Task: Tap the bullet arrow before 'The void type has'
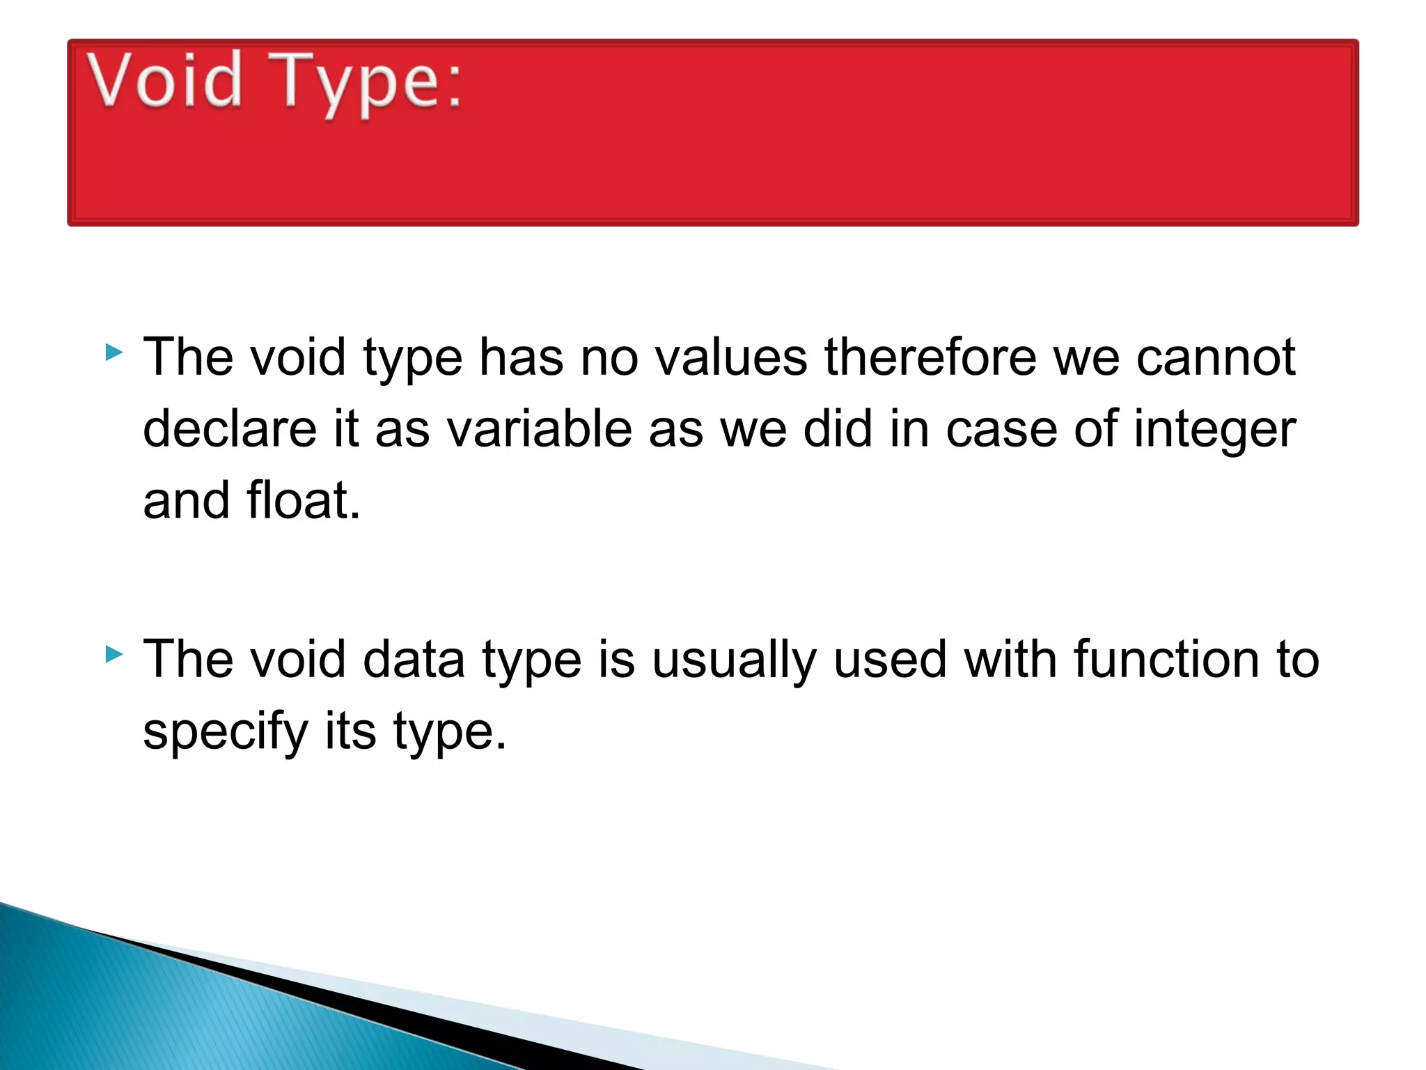114,352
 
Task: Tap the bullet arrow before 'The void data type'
114,654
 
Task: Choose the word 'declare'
230,428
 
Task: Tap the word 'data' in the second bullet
414,659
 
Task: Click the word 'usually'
734,660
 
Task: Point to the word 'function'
1166,659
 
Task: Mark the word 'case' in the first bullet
1001,430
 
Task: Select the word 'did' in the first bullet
838,428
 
